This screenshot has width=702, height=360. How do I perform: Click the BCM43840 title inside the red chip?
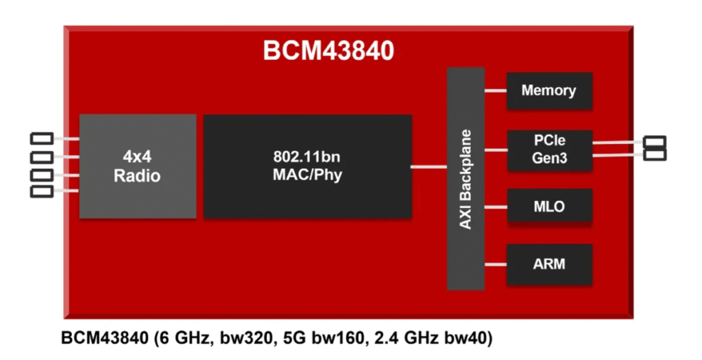329,51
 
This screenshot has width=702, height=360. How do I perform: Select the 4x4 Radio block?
137,166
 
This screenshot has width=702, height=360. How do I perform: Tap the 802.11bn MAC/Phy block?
308,166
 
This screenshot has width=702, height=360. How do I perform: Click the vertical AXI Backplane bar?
465,178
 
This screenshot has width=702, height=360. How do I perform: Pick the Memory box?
548,91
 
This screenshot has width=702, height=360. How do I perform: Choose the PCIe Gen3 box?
548,150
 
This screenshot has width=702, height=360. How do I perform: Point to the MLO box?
548,206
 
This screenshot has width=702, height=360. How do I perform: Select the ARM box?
548,263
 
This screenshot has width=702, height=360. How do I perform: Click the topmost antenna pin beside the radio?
42,139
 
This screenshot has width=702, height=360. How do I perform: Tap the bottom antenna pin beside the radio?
42,191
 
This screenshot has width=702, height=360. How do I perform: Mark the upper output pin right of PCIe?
655,143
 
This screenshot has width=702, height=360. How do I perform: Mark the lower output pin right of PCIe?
655,155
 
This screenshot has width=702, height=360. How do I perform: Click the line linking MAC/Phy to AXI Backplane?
429,166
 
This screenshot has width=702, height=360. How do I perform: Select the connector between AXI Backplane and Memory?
496,91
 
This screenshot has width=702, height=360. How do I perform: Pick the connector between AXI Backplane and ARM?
496,263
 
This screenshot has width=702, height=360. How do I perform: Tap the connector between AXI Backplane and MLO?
496,206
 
